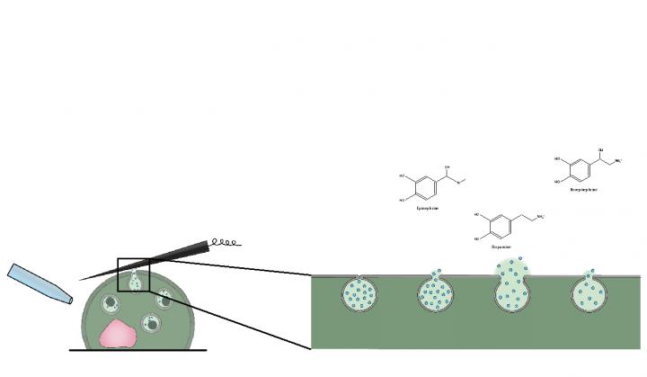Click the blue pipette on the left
coord(38,284)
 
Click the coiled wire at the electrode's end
coord(225,241)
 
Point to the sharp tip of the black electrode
coord(84,279)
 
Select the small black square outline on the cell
coord(133,274)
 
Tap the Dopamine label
coord(501,246)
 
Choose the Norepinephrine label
coord(584,190)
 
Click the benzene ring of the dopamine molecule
coord(502,224)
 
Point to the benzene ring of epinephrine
coord(427,187)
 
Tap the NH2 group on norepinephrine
coord(619,161)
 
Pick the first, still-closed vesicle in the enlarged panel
coord(359,292)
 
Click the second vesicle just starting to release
coord(436,292)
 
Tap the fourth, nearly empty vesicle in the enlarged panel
coord(589,292)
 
